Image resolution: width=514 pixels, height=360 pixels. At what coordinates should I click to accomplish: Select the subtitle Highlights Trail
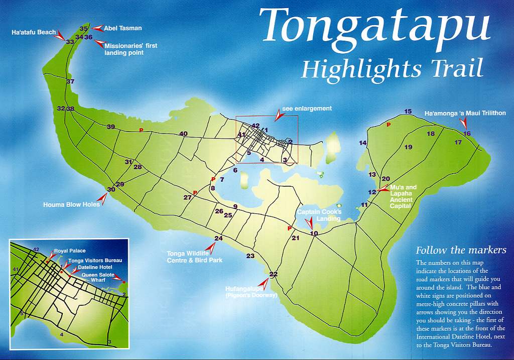click(392, 68)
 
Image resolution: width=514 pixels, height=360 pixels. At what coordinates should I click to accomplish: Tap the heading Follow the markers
click(461, 250)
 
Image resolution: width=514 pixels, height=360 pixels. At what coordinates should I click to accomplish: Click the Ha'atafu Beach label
click(34, 32)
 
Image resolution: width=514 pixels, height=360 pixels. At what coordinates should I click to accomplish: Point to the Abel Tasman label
click(122, 29)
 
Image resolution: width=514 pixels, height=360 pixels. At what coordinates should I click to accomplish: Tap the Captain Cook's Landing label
click(319, 215)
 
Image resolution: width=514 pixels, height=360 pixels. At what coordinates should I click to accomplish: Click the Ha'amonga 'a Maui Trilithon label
click(465, 113)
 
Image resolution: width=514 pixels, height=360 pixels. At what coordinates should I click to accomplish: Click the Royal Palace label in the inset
click(70, 251)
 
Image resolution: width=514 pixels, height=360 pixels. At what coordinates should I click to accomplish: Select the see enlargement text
click(307, 108)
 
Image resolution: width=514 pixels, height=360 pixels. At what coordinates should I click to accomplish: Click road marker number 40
click(183, 134)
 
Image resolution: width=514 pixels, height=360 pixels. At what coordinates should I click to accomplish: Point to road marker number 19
click(408, 147)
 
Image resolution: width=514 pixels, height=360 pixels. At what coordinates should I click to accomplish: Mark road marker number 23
click(250, 256)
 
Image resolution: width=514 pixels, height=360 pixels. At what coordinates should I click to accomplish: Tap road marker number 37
click(70, 81)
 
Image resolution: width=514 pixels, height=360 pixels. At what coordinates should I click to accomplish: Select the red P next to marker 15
click(388, 125)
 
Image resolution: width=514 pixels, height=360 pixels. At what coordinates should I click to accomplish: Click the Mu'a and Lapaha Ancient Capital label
click(404, 197)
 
